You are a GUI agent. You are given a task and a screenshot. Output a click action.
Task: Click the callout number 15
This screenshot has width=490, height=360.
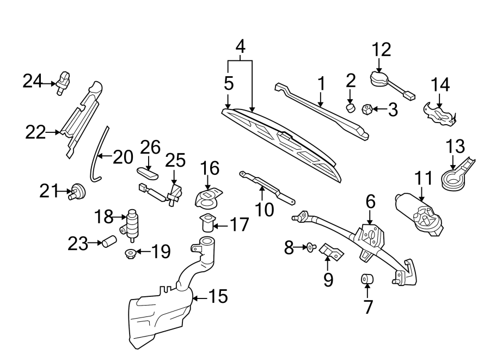218,297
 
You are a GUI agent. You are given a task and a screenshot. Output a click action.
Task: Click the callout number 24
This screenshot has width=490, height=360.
32,81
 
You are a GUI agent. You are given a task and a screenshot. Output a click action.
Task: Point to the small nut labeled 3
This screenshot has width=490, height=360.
367,109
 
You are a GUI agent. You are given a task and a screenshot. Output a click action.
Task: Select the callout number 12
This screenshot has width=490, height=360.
382,50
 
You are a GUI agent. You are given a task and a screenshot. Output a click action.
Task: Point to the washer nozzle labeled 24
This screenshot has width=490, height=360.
63,82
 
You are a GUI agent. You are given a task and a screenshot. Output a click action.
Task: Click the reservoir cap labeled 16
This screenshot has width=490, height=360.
208,198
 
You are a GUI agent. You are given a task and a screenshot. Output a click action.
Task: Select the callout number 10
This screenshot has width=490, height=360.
265,209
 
